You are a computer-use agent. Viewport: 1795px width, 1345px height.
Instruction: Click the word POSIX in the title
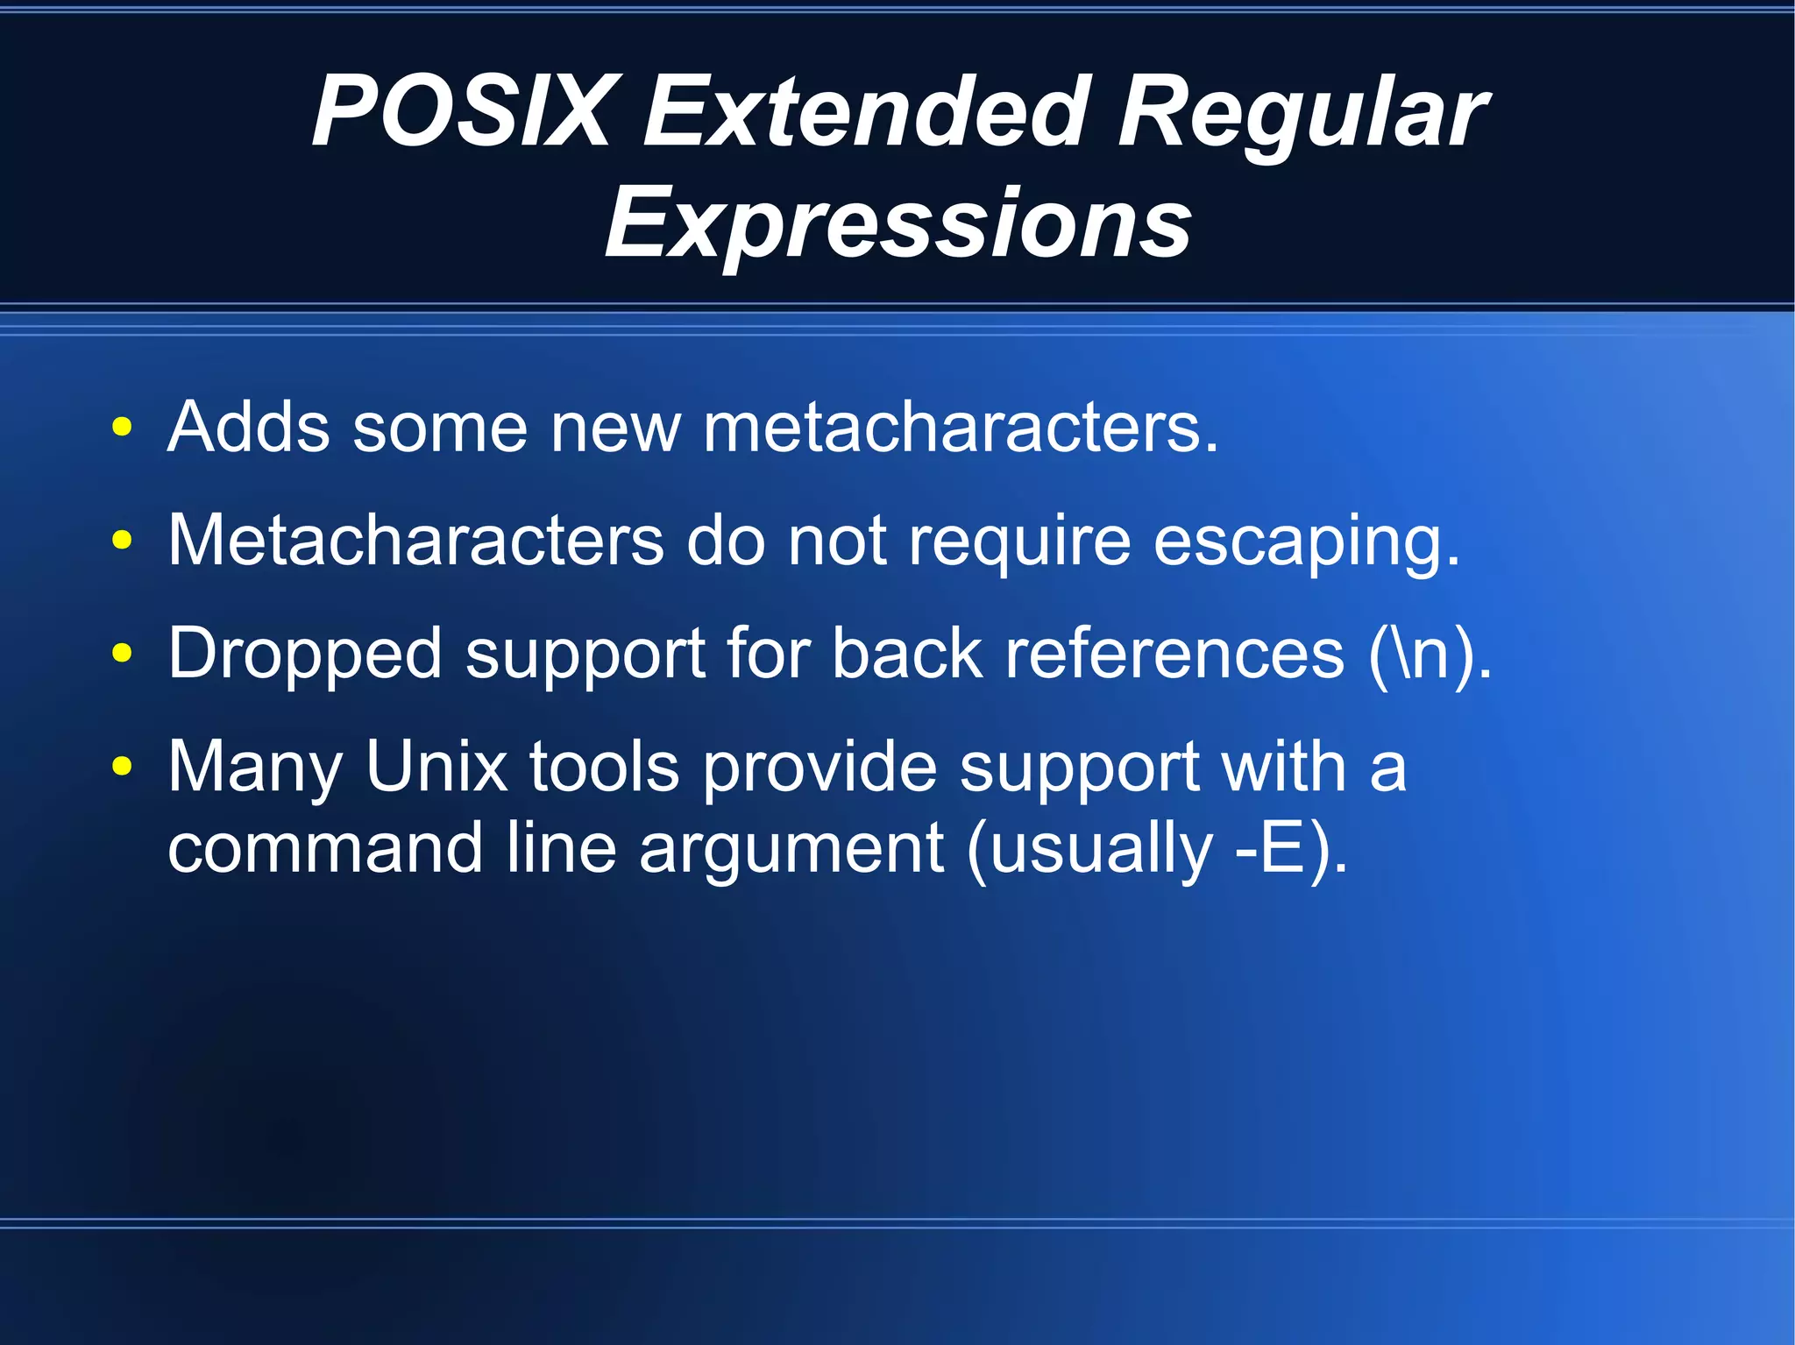(461, 112)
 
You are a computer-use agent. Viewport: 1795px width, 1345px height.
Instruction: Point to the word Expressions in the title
(897, 223)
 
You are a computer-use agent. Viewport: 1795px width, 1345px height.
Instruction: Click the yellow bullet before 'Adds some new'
(122, 428)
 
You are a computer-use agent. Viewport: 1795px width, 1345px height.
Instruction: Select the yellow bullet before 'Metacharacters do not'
(122, 541)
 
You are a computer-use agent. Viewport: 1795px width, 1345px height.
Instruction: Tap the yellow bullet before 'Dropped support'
(122, 653)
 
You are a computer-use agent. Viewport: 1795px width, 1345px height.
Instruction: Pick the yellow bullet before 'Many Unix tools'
(122, 767)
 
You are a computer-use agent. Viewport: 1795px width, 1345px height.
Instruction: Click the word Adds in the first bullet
(249, 428)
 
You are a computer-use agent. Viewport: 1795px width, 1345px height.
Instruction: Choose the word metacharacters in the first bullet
(960, 428)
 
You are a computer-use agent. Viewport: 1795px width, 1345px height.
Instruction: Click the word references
(1174, 654)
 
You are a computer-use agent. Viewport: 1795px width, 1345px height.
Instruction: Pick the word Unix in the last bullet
(436, 767)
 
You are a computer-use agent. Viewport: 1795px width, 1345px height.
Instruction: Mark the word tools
(604, 767)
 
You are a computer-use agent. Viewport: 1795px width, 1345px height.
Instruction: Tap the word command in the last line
(324, 848)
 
